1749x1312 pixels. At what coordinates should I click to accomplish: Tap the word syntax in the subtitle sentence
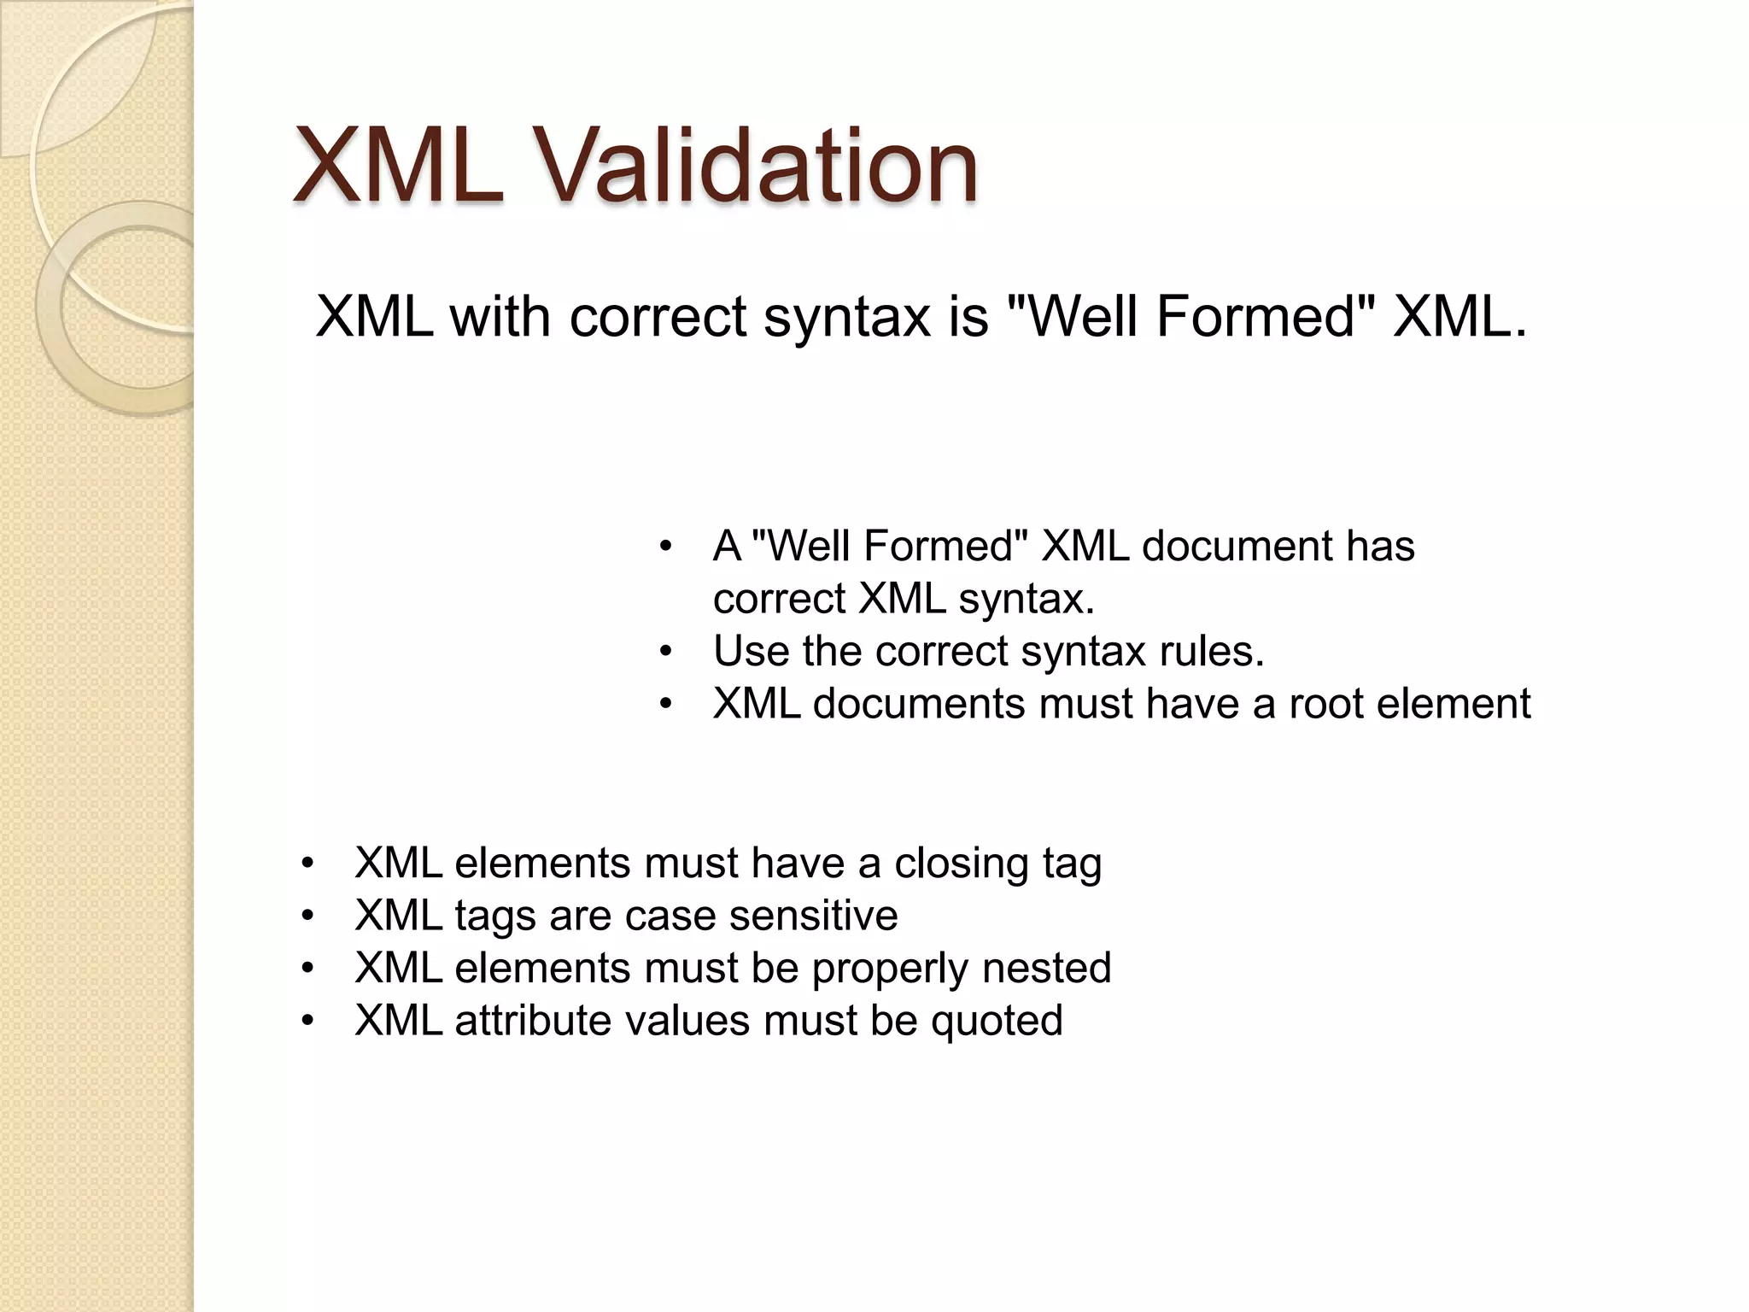click(x=845, y=317)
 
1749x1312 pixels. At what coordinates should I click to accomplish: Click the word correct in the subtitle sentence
click(x=657, y=317)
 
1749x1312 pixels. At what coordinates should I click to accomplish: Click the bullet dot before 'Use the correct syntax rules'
click(x=666, y=653)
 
